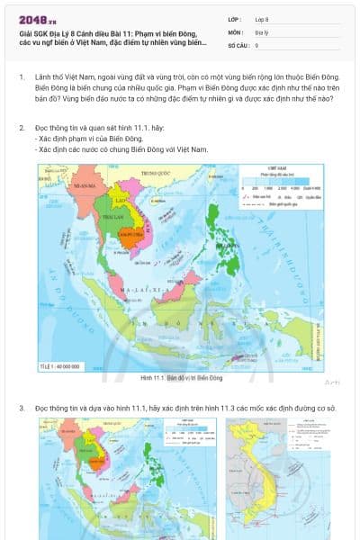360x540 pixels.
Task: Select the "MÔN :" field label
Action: [x=237, y=31]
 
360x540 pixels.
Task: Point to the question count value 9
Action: [x=257, y=44]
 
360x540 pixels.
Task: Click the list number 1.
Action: [x=22, y=77]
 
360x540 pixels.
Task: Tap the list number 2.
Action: [x=22, y=128]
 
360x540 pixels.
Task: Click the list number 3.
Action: [x=22, y=409]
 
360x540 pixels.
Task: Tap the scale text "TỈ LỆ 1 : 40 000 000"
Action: [x=60, y=366]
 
